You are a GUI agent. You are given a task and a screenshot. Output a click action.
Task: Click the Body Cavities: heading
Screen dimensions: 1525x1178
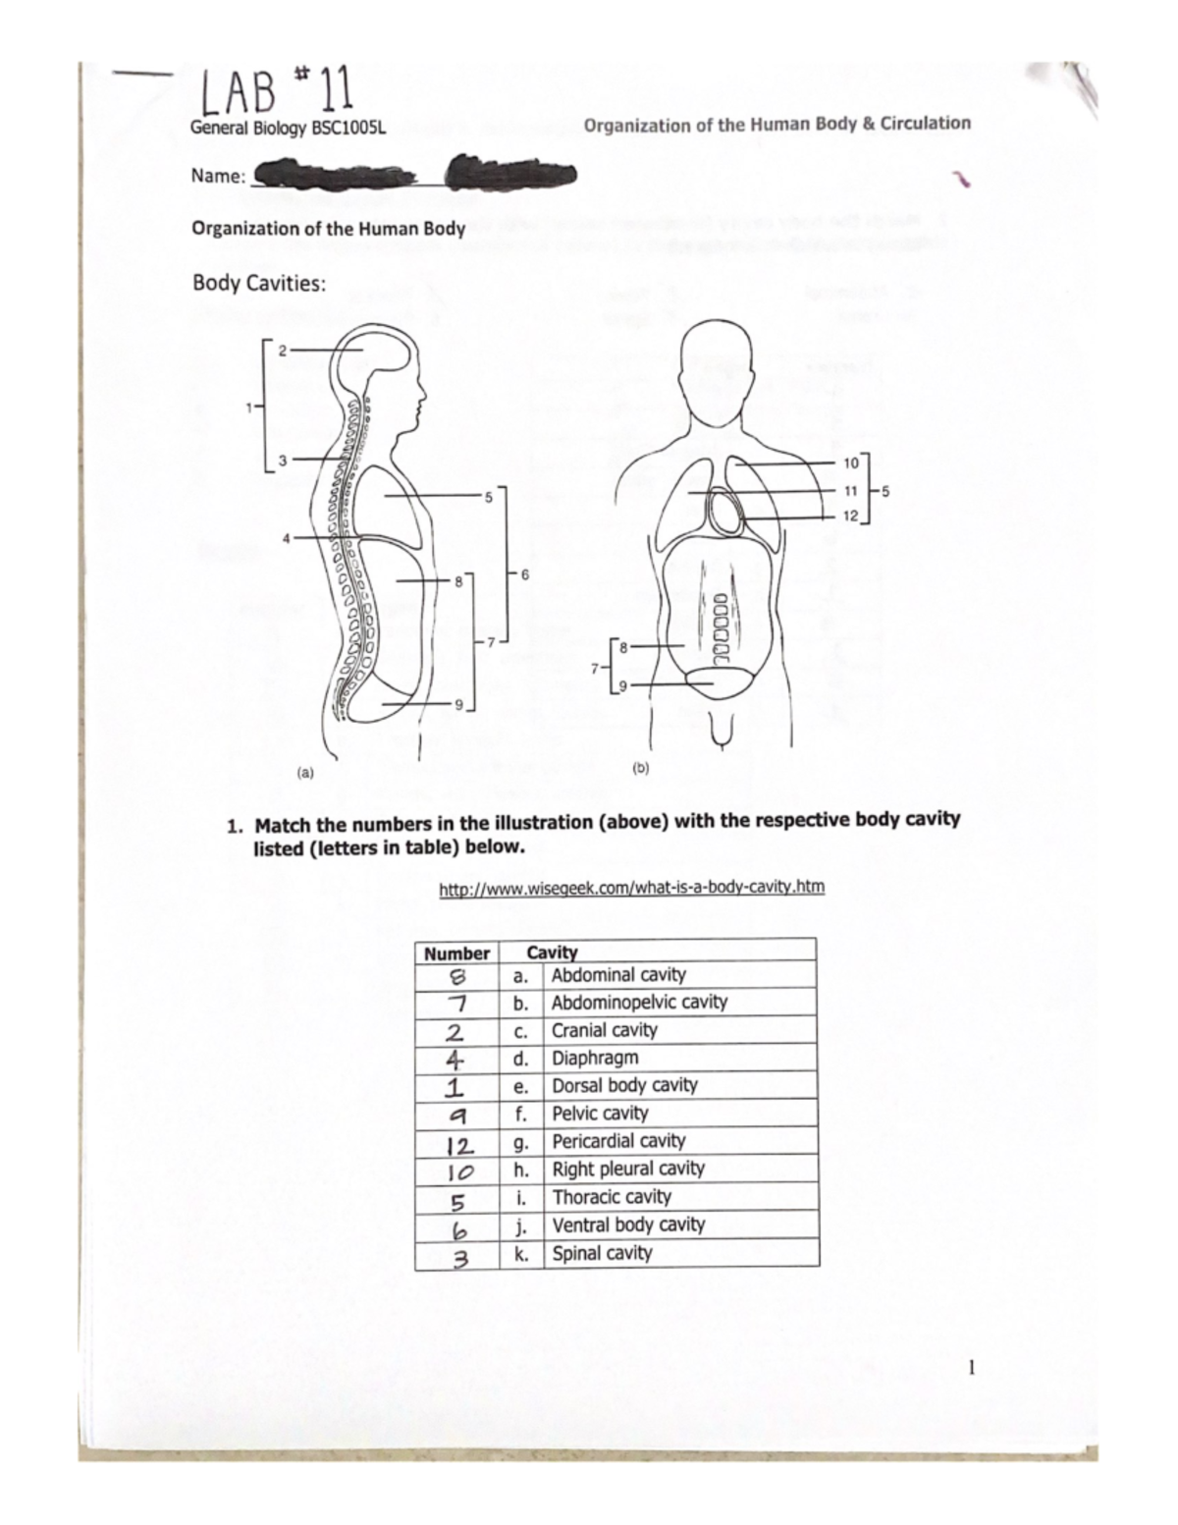(258, 284)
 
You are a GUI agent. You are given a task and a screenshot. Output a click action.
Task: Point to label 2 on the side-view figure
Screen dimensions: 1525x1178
(282, 350)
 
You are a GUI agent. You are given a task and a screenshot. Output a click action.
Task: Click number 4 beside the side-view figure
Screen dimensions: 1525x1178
(287, 537)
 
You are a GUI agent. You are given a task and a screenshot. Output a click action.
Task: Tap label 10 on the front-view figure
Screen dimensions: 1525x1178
(850, 462)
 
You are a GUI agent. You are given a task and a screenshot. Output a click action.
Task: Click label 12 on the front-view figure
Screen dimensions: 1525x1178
(850, 516)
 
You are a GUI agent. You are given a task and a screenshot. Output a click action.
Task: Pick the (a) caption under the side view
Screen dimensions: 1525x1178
(305, 772)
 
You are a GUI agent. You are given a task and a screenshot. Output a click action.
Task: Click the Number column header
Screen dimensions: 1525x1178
(456, 953)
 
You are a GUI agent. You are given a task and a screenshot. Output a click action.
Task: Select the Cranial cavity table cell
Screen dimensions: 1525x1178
(604, 1030)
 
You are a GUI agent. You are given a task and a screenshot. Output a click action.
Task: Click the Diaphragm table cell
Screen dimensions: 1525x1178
(595, 1058)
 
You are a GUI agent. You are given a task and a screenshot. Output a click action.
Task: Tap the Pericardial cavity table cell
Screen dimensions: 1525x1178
(618, 1141)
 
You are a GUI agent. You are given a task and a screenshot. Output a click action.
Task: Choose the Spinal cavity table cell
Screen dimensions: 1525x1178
(602, 1253)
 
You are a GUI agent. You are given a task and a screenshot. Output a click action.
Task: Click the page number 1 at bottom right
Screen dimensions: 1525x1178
(971, 1367)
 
